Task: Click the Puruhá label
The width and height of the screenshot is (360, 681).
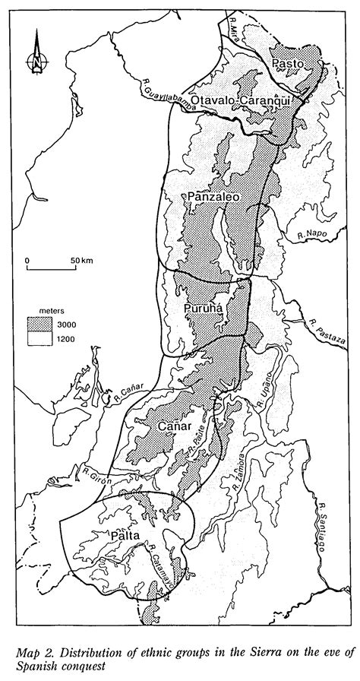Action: click(x=203, y=309)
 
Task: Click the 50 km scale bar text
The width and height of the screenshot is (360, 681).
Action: click(x=81, y=261)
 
